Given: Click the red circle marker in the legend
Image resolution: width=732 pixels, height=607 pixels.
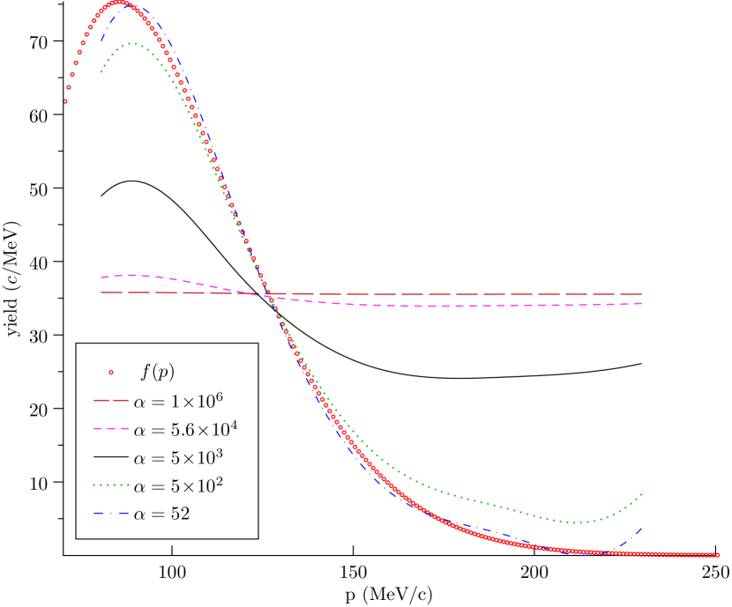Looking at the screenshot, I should [111, 372].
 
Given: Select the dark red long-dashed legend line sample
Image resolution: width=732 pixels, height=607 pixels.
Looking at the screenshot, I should [112, 400].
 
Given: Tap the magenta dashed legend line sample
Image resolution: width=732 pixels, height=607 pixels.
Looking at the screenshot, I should [112, 429].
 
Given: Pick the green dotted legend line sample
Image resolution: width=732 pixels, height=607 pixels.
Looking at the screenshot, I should [112, 485].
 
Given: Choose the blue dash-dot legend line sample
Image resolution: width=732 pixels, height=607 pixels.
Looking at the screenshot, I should [112, 513].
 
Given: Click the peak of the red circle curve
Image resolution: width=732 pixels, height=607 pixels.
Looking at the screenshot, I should [118, 3].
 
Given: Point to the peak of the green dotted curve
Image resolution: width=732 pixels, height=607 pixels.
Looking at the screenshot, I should [132, 43].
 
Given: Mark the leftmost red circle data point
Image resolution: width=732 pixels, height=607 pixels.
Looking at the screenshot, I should [65, 101].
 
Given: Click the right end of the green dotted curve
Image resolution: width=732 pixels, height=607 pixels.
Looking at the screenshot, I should [642, 494].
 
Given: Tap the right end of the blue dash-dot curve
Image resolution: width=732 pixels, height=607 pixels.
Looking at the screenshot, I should [642, 528].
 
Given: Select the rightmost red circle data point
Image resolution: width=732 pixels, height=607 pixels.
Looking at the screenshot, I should [718, 555].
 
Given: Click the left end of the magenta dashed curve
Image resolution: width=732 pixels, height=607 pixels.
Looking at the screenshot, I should [101, 277].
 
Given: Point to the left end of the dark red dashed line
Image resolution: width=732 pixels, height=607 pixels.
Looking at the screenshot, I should [101, 292].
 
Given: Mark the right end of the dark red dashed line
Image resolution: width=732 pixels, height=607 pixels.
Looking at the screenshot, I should [642, 294].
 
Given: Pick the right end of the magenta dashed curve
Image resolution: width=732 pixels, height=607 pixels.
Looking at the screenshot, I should [642, 304].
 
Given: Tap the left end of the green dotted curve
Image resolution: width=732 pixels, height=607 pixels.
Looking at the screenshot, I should [101, 72].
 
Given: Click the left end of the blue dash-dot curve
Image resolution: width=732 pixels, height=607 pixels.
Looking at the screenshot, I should [101, 41].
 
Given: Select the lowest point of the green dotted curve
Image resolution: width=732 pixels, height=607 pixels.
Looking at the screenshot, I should [578, 522].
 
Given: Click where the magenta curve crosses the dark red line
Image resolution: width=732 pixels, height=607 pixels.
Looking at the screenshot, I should [267, 294].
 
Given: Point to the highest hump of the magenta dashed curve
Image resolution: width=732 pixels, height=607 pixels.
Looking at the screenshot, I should [130, 275].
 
